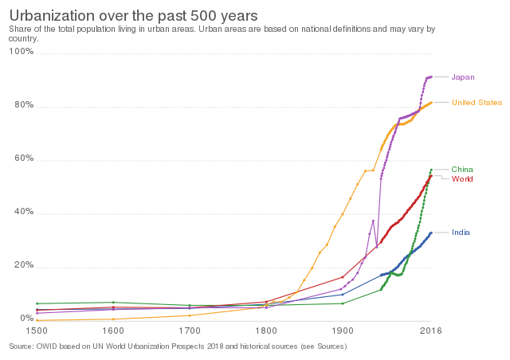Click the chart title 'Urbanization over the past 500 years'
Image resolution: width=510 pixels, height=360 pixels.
point(133,15)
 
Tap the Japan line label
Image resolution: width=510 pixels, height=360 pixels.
point(463,77)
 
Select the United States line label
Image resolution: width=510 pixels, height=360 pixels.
point(477,103)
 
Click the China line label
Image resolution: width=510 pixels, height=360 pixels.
point(462,170)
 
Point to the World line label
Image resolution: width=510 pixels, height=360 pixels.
point(462,179)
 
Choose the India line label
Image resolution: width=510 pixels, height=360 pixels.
point(461,233)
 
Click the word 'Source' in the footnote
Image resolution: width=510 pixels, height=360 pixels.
point(21,346)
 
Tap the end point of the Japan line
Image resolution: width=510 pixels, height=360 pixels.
point(431,76)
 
